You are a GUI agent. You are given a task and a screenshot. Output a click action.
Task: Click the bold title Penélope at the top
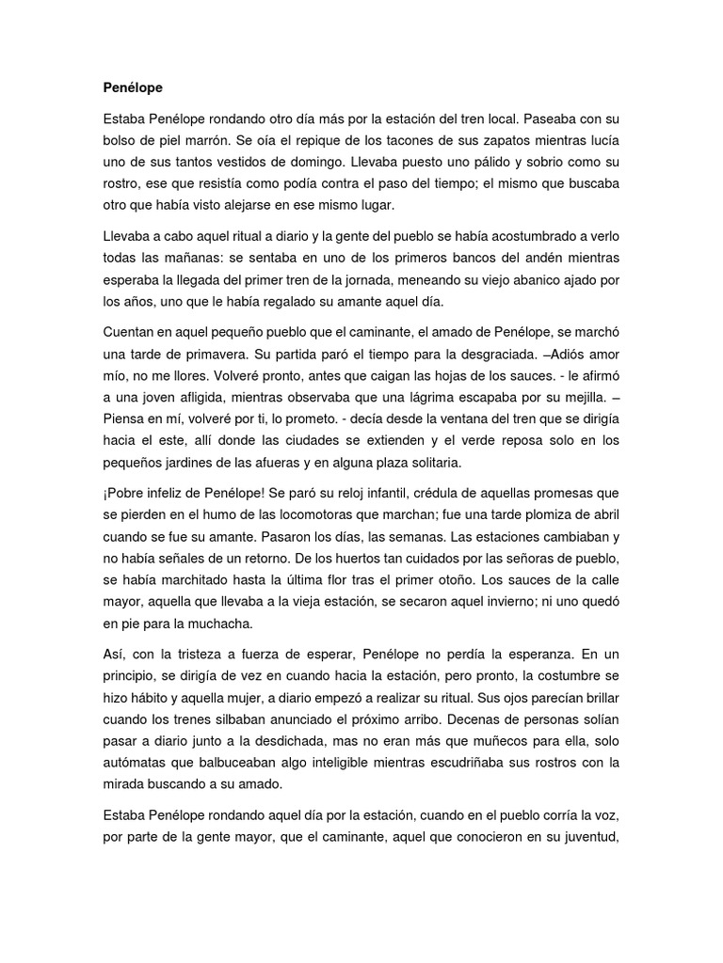[133, 88]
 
